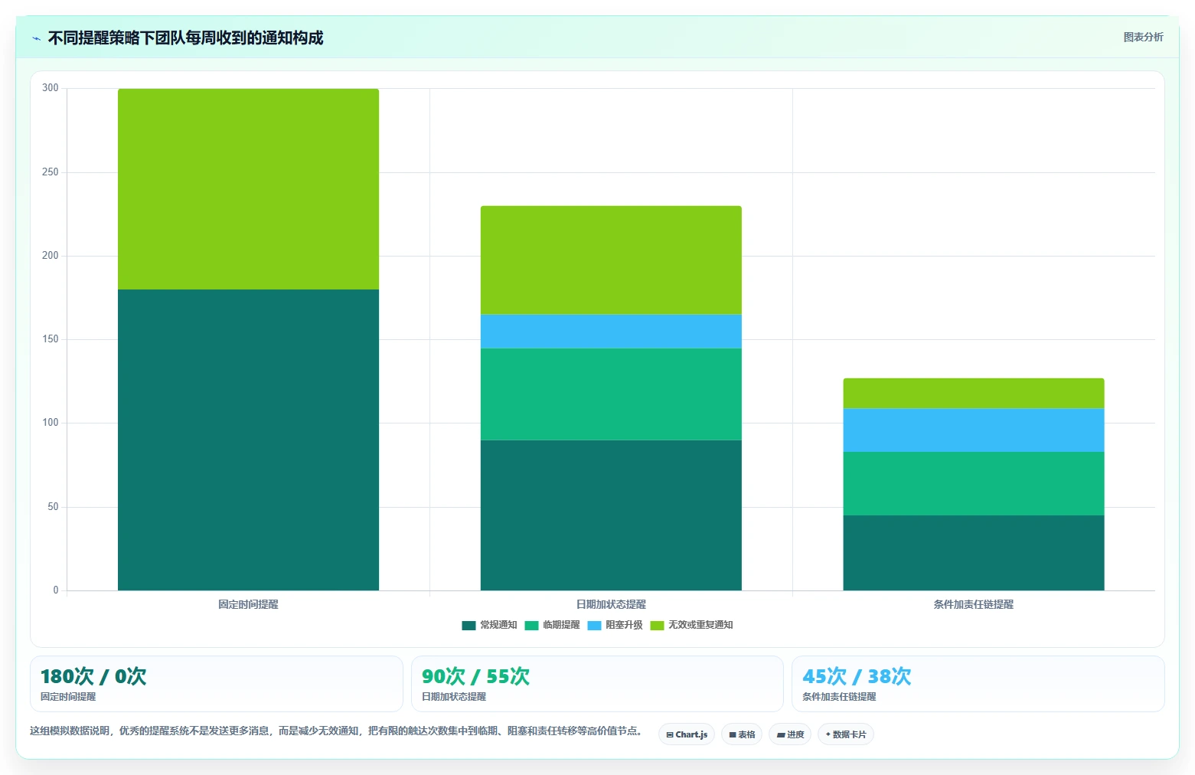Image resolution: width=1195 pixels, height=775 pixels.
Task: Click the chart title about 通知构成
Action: coord(185,38)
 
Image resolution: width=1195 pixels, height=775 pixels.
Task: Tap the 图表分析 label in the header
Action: coord(1143,38)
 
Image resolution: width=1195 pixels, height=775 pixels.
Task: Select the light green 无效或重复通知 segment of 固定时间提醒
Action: coord(248,189)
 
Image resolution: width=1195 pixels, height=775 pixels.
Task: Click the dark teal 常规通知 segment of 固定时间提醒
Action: coord(248,440)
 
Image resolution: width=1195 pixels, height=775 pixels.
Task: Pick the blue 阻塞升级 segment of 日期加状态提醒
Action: coord(611,332)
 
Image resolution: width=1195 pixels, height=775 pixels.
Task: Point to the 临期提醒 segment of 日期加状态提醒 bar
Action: coord(611,394)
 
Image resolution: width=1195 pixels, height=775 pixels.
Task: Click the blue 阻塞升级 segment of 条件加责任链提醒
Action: coord(974,430)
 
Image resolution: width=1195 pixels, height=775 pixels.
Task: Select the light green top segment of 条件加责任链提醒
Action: coord(974,394)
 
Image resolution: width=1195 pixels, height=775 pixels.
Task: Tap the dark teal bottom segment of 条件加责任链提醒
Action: coord(974,552)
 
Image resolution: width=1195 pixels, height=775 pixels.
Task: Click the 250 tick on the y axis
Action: coord(51,172)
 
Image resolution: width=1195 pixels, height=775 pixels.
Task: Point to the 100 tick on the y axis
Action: coord(51,423)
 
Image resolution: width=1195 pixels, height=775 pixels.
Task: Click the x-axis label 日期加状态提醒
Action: coord(611,604)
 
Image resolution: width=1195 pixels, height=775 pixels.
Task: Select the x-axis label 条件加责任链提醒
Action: coord(974,604)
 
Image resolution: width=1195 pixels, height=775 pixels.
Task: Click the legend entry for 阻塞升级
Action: coord(615,625)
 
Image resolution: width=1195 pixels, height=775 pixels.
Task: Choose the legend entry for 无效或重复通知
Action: coord(692,625)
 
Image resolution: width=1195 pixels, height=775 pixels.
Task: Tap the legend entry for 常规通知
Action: coord(489,625)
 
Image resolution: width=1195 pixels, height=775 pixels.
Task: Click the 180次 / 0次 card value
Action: coord(93,676)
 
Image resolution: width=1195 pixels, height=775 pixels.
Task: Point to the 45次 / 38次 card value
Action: coord(857,676)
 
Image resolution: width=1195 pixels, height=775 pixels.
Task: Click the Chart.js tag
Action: coord(687,734)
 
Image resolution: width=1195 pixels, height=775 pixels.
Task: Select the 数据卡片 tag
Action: coord(846,734)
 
